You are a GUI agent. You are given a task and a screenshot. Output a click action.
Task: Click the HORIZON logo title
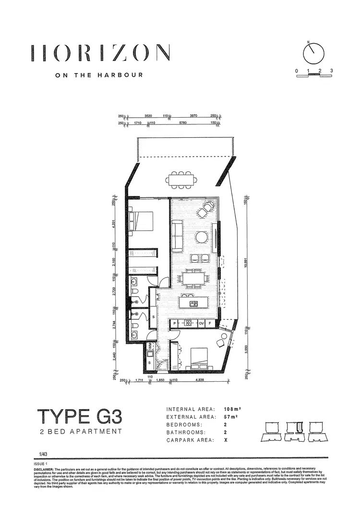[x=100, y=52]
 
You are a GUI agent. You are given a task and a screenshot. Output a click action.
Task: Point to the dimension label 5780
[x=183, y=123]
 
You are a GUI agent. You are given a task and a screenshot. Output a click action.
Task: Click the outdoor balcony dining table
[x=182, y=180]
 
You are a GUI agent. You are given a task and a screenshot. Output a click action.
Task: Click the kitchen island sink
[x=194, y=303]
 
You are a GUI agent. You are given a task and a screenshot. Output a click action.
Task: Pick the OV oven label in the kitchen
[x=202, y=323]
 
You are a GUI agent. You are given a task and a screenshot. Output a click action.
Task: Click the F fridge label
[x=210, y=323]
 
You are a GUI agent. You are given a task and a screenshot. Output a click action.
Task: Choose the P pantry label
[x=175, y=323]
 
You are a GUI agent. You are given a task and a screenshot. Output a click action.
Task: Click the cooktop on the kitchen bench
[x=189, y=323]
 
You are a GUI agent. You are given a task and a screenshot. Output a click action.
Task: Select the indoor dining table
[x=193, y=278]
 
